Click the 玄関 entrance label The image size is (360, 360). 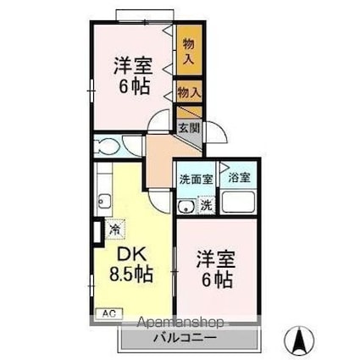click(x=188, y=129)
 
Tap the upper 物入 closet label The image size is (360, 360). click(x=188, y=52)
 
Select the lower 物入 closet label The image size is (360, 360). click(x=188, y=90)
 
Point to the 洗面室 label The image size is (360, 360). click(x=195, y=179)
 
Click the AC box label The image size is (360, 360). click(x=109, y=313)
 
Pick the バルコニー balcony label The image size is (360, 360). click(x=185, y=338)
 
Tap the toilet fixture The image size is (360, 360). click(x=108, y=144)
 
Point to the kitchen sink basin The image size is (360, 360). click(x=105, y=202)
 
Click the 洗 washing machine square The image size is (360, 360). click(x=205, y=204)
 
